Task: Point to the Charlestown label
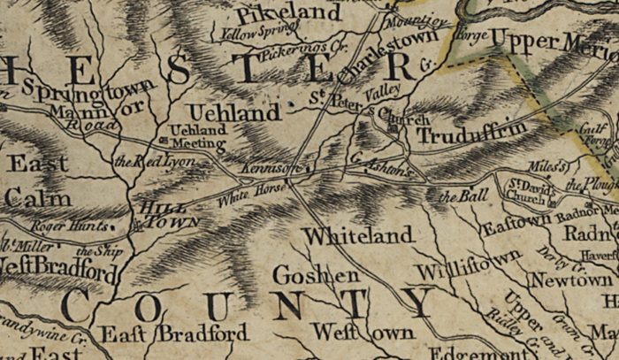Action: click(375, 56)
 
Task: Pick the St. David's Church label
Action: click(530, 192)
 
